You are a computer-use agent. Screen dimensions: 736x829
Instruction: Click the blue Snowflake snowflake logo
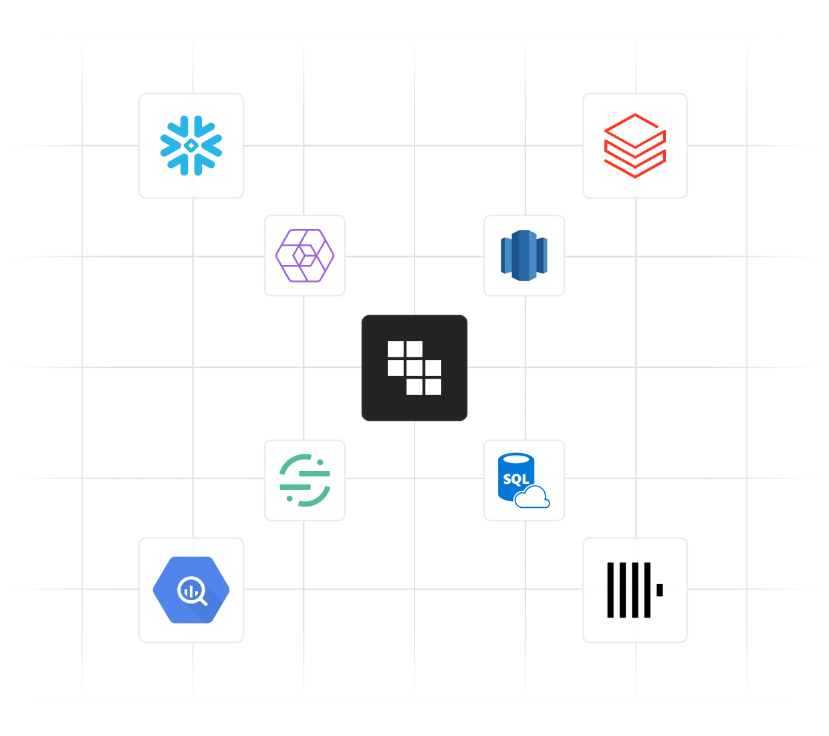pyautogui.click(x=191, y=145)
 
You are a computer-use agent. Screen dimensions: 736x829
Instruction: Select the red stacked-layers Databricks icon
pyautogui.click(x=635, y=146)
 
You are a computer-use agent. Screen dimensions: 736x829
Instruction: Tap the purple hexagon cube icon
pyautogui.click(x=305, y=256)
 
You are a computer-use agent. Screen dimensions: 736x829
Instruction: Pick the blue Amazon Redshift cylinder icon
pyautogui.click(x=524, y=256)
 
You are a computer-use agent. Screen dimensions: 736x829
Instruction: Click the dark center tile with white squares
pyautogui.click(x=414, y=368)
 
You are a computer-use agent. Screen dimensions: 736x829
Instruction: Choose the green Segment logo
pyautogui.click(x=305, y=480)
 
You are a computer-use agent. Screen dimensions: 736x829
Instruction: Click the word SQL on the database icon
pyautogui.click(x=515, y=479)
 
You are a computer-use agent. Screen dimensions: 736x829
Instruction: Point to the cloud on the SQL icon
pyautogui.click(x=533, y=498)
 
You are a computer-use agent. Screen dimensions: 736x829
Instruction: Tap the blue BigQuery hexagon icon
pyautogui.click(x=191, y=590)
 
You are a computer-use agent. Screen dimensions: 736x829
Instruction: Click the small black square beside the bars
pyautogui.click(x=659, y=590)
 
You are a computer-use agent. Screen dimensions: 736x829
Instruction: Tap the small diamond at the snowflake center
pyautogui.click(x=191, y=145)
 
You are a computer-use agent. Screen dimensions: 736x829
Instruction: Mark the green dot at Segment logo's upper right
pyautogui.click(x=320, y=462)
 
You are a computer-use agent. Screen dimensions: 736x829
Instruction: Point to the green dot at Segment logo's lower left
pyautogui.click(x=289, y=498)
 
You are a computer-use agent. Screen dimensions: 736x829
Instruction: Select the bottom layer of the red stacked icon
pyautogui.click(x=635, y=167)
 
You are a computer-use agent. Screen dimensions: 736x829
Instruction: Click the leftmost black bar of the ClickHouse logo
pyautogui.click(x=610, y=590)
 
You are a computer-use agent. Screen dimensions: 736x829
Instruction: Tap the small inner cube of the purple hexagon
pyautogui.click(x=305, y=255)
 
